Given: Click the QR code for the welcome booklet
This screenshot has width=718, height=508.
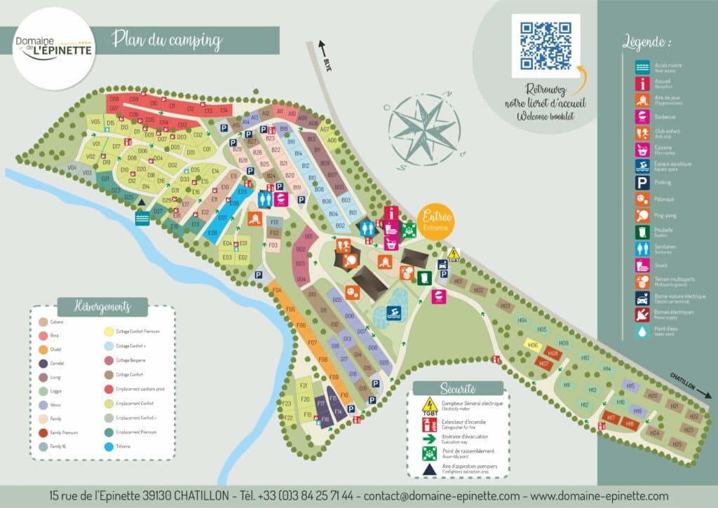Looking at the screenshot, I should pos(546,46).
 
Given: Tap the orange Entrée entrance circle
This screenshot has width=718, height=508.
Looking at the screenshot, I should pos(435,222).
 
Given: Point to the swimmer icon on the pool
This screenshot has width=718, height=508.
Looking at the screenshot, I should pos(393,312).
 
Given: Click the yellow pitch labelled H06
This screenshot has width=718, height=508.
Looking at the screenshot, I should pos(533,345).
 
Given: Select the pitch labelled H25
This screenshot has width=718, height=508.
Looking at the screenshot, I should pos(677,444).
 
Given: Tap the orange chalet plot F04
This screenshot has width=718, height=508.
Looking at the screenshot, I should pos(276,290).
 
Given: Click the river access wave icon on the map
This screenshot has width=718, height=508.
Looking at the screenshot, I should pos(142,219).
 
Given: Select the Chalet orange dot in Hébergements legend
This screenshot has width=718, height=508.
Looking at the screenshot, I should pos(43,350).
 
